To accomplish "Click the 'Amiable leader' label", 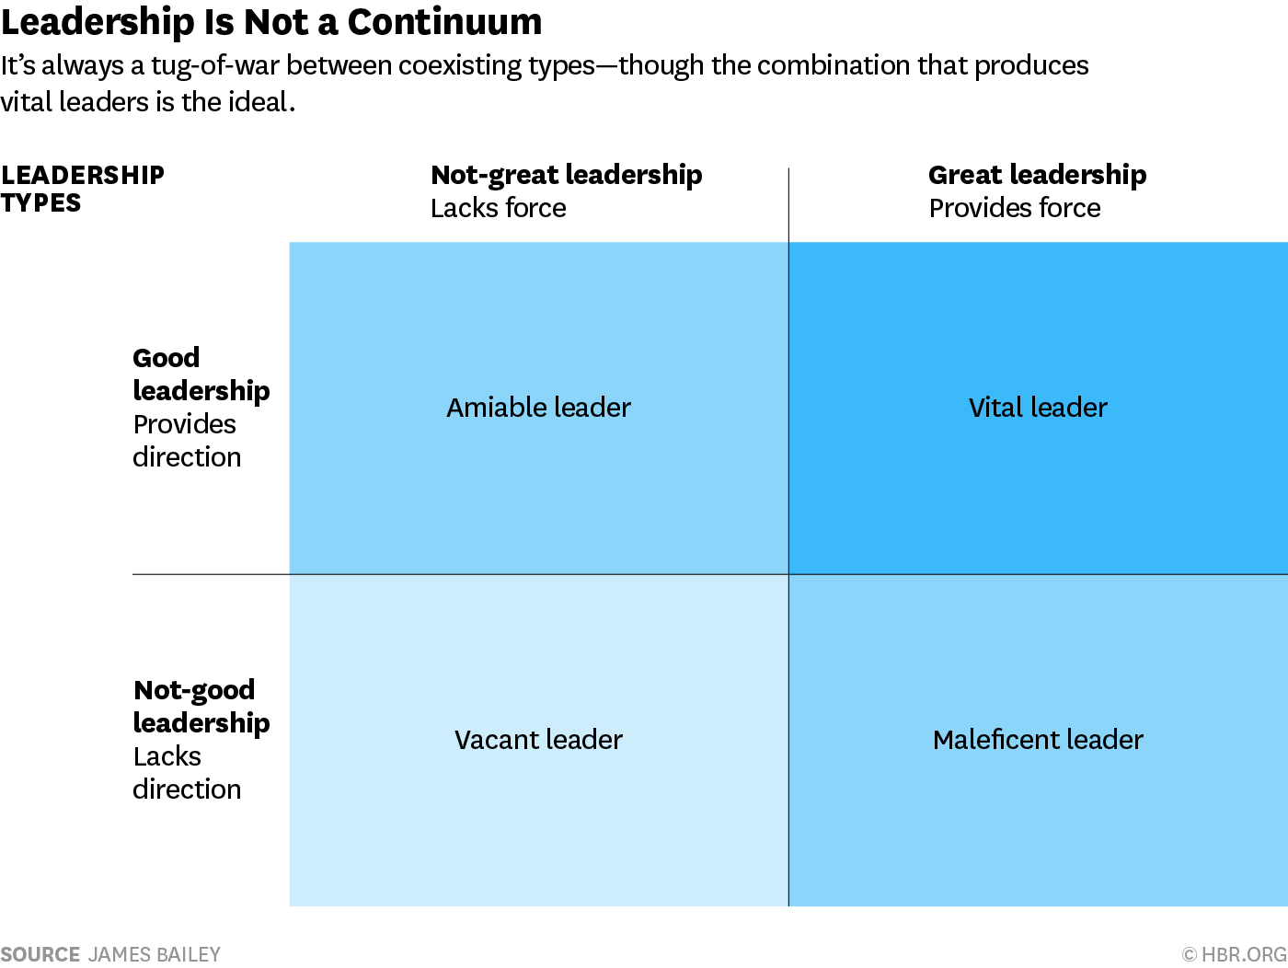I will tap(538, 408).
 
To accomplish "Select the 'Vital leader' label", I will tap(1038, 408).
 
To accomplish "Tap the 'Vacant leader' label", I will tap(538, 740).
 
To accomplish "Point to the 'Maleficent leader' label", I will tap(1038, 740).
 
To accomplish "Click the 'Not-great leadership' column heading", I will tap(566, 175).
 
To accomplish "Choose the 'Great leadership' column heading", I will tap(1037, 175).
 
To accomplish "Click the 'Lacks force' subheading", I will tap(498, 209).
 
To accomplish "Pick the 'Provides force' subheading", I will tap(1014, 209).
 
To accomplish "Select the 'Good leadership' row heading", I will tap(201, 375).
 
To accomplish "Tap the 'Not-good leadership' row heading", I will tap(201, 707).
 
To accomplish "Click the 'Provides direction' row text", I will tap(186, 441).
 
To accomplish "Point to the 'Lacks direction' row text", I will tap(186, 773).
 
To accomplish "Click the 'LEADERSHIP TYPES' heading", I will tap(82, 189).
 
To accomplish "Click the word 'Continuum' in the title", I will tap(444, 22).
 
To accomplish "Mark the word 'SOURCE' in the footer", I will tap(40, 955).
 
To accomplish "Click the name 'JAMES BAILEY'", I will tap(155, 955).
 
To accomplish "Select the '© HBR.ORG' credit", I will tap(1234, 955).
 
